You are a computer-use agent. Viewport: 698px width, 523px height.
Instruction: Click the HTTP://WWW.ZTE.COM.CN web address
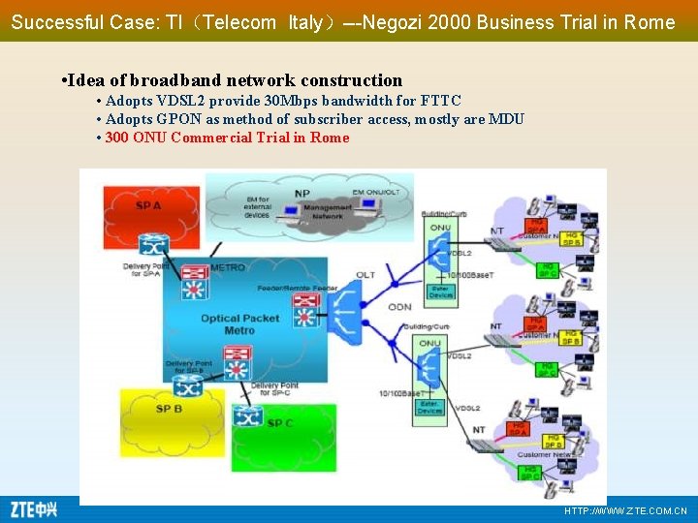coord(625,510)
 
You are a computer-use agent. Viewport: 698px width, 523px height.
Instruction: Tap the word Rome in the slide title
coord(650,22)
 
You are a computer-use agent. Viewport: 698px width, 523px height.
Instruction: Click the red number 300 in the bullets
coord(116,138)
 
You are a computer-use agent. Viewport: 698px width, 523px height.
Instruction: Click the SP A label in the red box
coord(148,206)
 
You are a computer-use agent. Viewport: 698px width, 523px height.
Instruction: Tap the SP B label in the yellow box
coord(170,410)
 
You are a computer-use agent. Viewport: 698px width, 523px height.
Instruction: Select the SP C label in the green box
coord(280,423)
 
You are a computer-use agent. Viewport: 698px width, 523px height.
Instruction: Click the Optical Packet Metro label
coord(239,323)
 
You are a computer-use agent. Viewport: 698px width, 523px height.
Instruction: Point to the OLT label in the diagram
coord(365,275)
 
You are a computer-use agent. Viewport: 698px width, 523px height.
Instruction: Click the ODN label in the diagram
coord(400,307)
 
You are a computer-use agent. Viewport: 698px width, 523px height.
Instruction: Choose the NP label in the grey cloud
coord(302,193)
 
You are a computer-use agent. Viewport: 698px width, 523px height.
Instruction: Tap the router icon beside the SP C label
coord(249,417)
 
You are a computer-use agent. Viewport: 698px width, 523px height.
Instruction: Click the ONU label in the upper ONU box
coord(439,228)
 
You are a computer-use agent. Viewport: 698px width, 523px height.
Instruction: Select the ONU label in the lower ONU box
coord(429,343)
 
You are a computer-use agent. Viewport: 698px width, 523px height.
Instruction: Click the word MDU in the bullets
coord(507,119)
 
